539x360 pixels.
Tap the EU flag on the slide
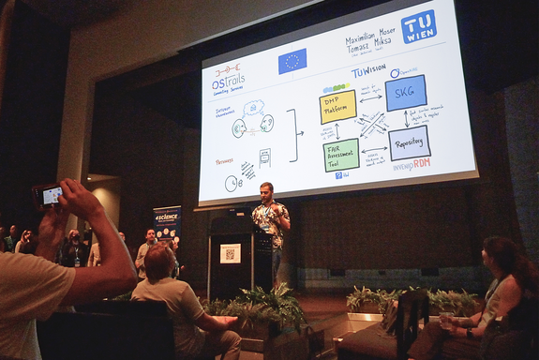click(x=292, y=61)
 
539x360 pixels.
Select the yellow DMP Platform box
click(x=337, y=107)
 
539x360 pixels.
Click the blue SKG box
click(x=405, y=92)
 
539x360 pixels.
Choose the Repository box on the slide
click(x=410, y=143)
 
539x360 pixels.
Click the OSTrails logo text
click(x=229, y=82)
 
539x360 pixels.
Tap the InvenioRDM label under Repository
click(x=411, y=165)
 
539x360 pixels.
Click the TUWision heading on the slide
click(x=367, y=70)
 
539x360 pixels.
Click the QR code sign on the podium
click(x=230, y=253)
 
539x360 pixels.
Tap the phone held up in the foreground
click(x=50, y=195)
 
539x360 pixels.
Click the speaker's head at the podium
click(x=266, y=190)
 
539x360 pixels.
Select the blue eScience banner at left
click(x=167, y=228)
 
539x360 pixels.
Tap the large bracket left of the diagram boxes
click(x=292, y=135)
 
